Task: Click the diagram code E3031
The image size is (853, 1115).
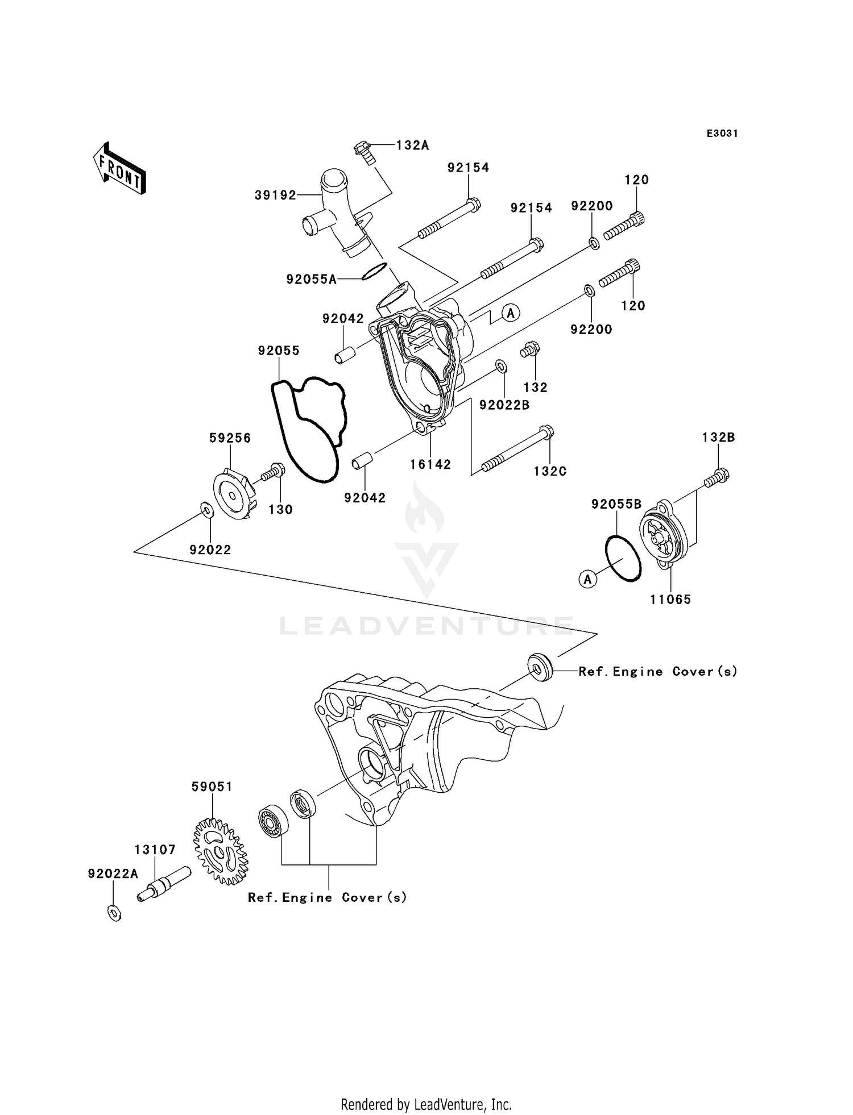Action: pos(722,134)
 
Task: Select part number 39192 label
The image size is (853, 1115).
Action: pos(275,195)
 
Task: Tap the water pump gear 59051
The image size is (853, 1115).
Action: pos(221,851)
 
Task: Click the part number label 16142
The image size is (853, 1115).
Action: pos(430,464)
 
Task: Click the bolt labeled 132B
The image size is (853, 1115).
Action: pos(717,477)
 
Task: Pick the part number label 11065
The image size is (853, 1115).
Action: pos(670,599)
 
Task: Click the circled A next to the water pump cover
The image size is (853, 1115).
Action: pos(511,313)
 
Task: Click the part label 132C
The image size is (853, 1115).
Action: pos(550,471)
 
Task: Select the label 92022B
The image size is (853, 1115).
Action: pos(504,405)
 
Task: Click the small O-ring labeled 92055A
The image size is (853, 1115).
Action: pos(374,271)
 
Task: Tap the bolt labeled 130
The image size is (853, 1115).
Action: pos(273,472)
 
